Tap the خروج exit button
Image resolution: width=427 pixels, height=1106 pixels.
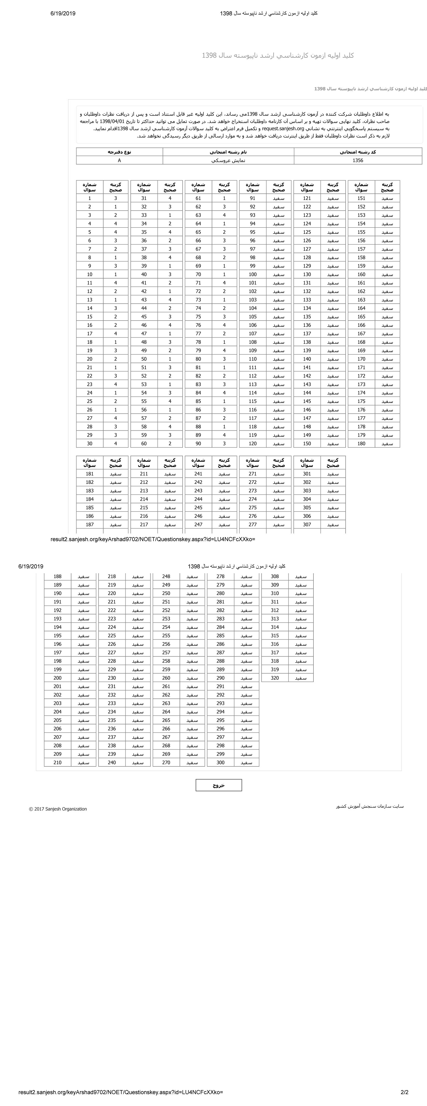(x=219, y=785)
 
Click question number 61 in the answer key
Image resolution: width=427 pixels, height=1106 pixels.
(x=198, y=198)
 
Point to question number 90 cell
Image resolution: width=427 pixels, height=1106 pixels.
(x=198, y=443)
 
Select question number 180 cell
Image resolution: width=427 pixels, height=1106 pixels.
(x=361, y=443)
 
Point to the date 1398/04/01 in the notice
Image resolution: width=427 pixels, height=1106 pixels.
(x=114, y=121)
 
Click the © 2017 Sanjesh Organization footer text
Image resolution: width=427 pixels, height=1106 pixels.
(x=58, y=809)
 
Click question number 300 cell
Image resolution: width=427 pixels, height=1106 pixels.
(x=221, y=763)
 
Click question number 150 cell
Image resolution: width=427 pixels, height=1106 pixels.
(x=307, y=443)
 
